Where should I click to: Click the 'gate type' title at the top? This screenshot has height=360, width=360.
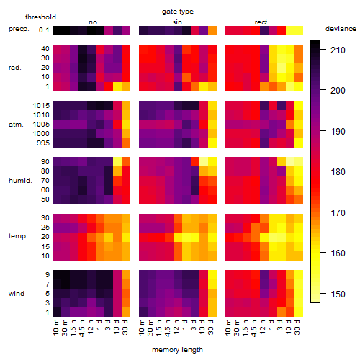coord(178,12)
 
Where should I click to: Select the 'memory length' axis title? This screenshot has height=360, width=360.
coord(177,350)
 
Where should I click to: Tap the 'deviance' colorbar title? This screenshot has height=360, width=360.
coord(341,29)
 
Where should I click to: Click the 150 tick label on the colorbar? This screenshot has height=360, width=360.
coord(338,294)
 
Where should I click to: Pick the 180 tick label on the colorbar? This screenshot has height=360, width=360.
coord(338,172)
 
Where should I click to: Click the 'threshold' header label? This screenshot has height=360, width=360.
coord(40,17)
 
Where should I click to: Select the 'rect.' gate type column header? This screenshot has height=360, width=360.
coord(261,22)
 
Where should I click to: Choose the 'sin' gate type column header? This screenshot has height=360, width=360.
coord(177,22)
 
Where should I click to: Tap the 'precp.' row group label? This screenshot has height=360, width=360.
coord(19,29)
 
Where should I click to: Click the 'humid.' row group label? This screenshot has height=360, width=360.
coord(20,181)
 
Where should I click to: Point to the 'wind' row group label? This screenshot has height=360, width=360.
coord(17,294)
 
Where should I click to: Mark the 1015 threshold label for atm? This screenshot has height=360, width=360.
coord(41,106)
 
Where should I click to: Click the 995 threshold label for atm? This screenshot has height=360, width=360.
coord(43,143)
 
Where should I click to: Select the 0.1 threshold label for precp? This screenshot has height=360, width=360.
coord(44,30)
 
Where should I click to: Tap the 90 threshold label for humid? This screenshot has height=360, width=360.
coord(45,162)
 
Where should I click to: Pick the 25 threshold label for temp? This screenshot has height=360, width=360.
coord(45,228)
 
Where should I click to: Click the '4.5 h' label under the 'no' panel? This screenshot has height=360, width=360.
coord(82,328)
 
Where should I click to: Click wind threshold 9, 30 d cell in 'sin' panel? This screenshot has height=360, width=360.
coord(212,275)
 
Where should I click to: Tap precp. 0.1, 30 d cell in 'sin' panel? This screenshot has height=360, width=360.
coord(212,31)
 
